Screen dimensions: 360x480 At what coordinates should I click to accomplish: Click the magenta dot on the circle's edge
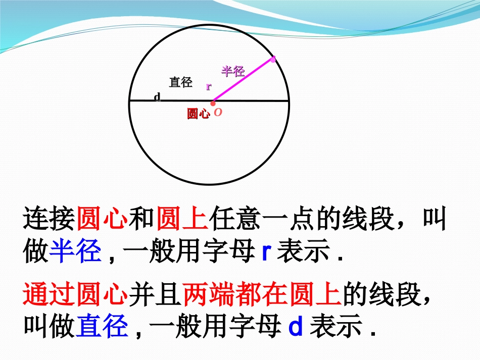(273, 60)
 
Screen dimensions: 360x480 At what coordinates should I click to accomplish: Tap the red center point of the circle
(213, 103)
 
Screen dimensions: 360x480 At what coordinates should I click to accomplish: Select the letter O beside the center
(218, 113)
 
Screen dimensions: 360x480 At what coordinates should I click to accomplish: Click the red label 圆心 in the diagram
(198, 114)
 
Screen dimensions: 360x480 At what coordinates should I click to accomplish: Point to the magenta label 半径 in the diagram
(233, 71)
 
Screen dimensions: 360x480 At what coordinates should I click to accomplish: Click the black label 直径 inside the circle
(180, 82)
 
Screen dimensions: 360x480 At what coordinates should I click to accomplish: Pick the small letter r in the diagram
(208, 86)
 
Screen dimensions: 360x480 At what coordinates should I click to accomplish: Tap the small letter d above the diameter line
(157, 96)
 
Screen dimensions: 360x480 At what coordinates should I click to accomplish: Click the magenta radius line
(243, 81)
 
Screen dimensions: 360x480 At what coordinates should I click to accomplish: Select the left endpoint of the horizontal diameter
(130, 100)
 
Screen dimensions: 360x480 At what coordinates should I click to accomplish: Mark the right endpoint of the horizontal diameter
(289, 101)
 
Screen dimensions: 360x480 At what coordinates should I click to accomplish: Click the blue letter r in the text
(267, 252)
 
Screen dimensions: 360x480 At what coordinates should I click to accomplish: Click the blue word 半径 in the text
(76, 251)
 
